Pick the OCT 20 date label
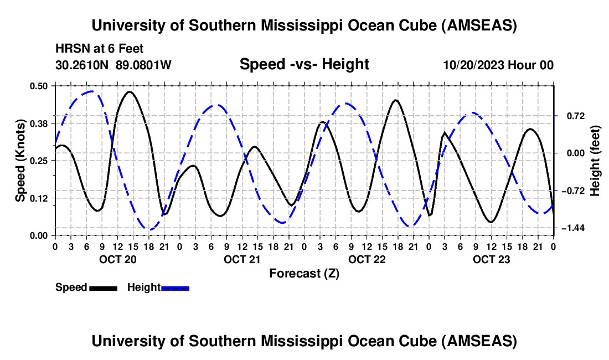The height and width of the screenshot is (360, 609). (x=117, y=259)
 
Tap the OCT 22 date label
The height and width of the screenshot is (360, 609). (x=367, y=259)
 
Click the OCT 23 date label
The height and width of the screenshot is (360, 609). (x=491, y=259)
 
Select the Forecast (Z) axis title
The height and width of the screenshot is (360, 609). (x=304, y=273)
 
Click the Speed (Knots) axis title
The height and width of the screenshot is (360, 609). (x=20, y=161)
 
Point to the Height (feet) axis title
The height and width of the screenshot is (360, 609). (x=595, y=161)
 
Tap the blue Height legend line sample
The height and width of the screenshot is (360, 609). (x=175, y=288)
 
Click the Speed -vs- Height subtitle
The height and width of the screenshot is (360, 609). (x=304, y=65)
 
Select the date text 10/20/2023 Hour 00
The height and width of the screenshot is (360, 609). (x=498, y=65)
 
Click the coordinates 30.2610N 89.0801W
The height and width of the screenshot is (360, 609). (x=113, y=65)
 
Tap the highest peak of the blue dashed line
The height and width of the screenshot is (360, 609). (x=91, y=91)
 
